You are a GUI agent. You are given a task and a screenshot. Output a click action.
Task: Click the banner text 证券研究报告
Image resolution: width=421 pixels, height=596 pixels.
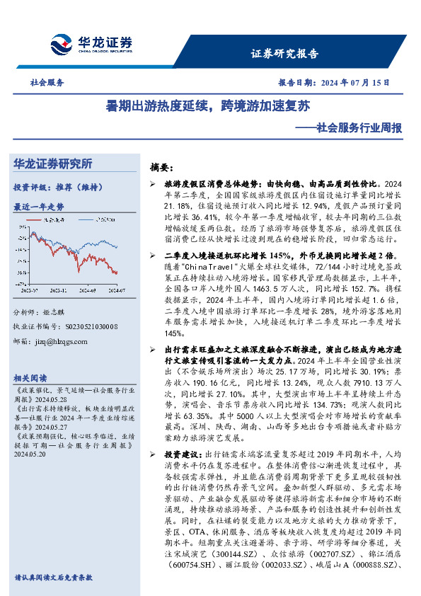(284, 53)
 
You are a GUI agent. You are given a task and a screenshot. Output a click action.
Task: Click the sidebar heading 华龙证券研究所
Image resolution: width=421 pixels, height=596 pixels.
(53, 164)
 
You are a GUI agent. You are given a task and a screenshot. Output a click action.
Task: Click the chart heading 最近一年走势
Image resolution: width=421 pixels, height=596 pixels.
(39, 207)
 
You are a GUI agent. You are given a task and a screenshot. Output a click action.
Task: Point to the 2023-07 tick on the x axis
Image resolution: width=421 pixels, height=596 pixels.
(30, 290)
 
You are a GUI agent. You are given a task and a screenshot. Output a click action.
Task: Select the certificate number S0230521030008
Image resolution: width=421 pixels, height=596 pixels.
(84, 326)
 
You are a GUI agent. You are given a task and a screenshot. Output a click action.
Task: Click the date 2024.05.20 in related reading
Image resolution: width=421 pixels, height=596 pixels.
(30, 456)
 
